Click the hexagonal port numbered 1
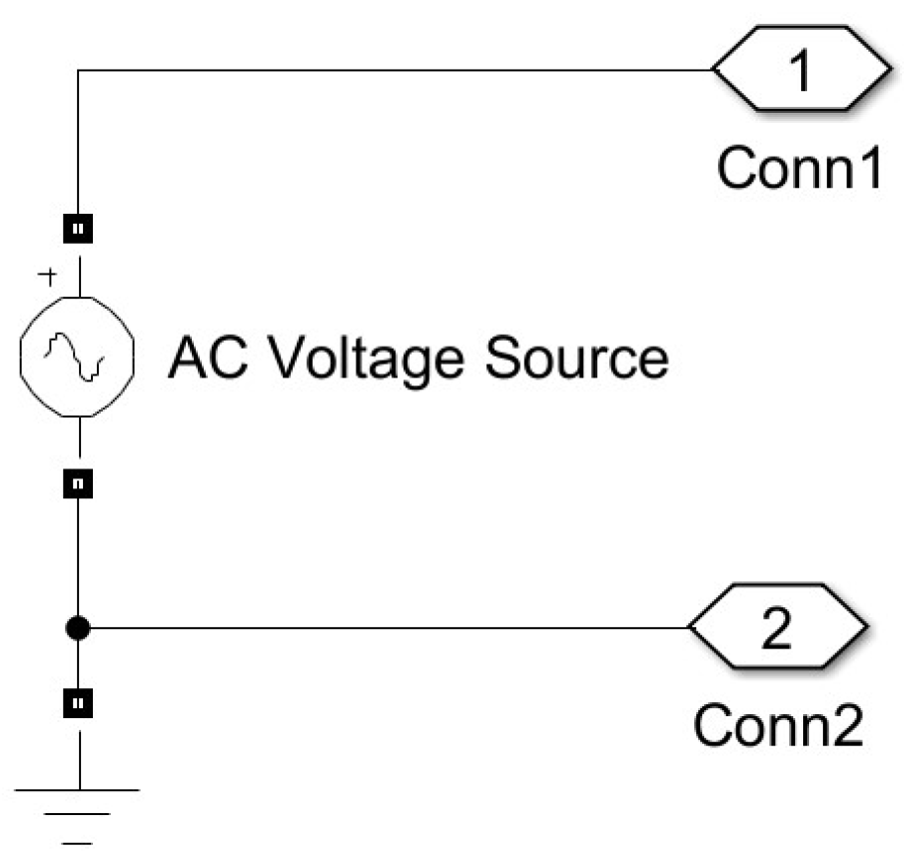point(801,71)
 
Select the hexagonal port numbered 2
point(778,629)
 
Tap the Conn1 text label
point(800,169)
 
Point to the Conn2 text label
point(777,726)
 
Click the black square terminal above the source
point(79,230)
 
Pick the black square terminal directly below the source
point(79,484)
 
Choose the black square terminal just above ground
point(79,703)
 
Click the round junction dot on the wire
point(79,629)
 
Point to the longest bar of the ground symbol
point(78,790)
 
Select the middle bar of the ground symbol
point(78,816)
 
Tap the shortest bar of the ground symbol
point(78,843)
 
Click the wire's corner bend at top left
point(79,71)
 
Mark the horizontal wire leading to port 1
point(400,71)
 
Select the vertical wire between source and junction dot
point(79,559)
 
